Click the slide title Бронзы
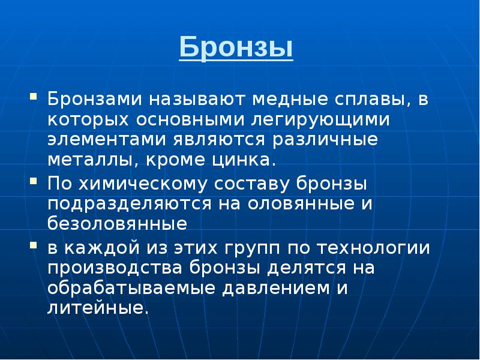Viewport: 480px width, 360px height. point(236,48)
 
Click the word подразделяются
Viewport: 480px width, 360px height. point(124,203)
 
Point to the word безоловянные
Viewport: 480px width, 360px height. point(118,224)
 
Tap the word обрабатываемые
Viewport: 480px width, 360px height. point(132,288)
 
